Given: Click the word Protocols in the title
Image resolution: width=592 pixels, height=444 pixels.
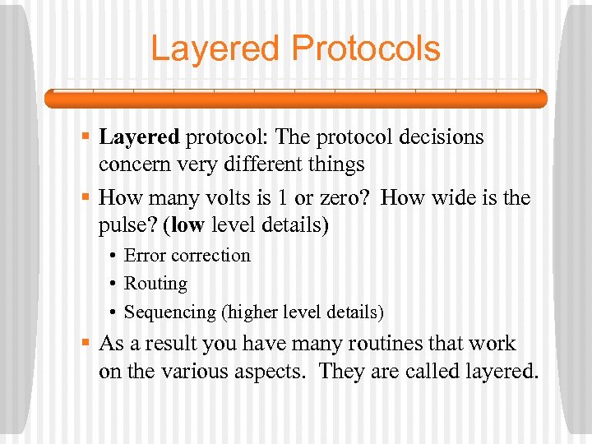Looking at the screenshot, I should (x=366, y=49).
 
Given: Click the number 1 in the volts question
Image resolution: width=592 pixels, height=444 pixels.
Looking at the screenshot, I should (x=281, y=198).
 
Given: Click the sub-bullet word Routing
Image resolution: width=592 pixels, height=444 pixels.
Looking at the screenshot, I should (x=155, y=284).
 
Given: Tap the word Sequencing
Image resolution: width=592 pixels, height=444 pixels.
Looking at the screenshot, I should (x=165, y=312).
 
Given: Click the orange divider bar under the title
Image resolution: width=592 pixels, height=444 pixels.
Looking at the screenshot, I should (x=295, y=99).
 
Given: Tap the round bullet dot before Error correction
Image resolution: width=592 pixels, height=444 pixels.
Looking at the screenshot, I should (x=112, y=256).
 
